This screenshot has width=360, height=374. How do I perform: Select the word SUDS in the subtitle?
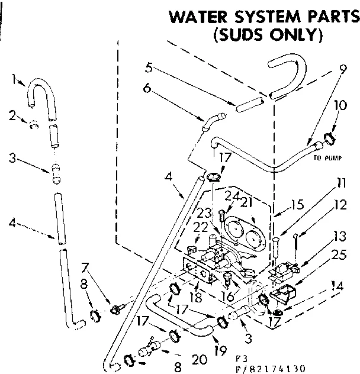[x=236, y=35]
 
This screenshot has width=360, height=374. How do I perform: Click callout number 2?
[x=13, y=115]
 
